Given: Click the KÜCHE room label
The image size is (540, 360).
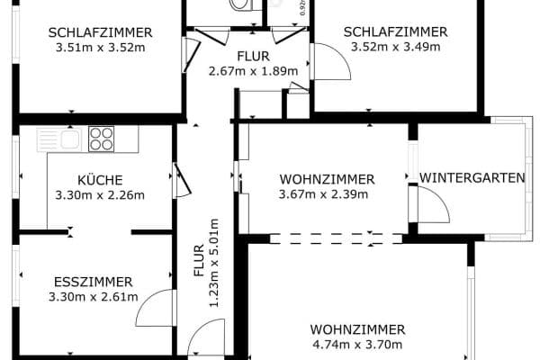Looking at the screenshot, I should coord(100,179).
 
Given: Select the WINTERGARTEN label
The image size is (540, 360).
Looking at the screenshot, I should coord(472,178).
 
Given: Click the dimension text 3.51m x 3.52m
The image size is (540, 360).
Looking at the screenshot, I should coord(100,48).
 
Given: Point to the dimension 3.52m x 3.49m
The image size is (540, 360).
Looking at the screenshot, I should coord(396,47).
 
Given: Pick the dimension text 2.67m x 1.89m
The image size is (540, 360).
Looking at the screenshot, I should coord(253,71).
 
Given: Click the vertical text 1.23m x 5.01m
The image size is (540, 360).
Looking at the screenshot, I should coord(213,263).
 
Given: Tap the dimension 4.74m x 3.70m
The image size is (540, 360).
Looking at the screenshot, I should coord(357,344).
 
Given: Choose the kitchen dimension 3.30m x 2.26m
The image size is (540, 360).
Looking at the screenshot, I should coord(100,194).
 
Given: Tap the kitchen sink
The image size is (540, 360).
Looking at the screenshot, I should coord(67,139).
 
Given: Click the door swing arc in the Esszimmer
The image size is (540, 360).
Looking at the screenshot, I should coord(153,310).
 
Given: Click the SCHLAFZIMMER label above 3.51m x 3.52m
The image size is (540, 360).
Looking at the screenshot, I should coord(100,32).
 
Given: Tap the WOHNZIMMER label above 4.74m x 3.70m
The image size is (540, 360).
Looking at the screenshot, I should coord(357,328).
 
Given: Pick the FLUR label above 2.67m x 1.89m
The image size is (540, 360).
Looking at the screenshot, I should coord(253,56).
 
